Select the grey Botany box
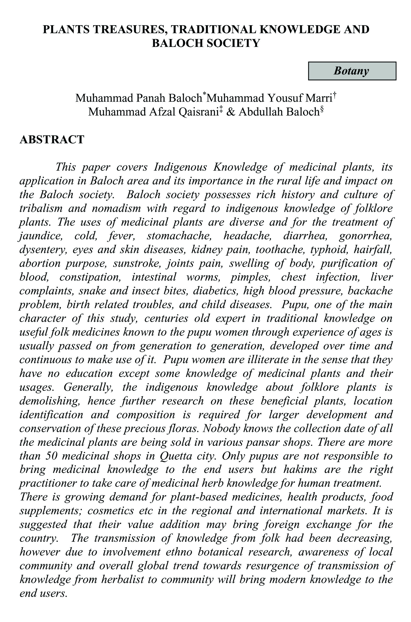[x=352, y=71]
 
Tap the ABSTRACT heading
[x=52, y=140]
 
